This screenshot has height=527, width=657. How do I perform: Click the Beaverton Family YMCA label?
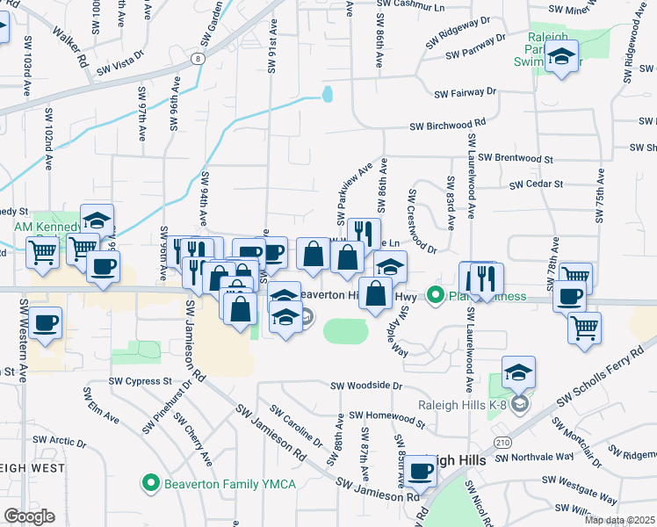point(231,483)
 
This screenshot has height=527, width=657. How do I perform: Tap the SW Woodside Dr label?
point(366,386)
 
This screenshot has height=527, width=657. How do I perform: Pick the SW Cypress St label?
point(141,381)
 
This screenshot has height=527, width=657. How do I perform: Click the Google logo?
point(28,516)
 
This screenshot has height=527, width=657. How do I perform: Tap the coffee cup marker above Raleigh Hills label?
point(421,472)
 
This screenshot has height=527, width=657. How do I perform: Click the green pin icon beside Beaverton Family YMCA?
point(151,483)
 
